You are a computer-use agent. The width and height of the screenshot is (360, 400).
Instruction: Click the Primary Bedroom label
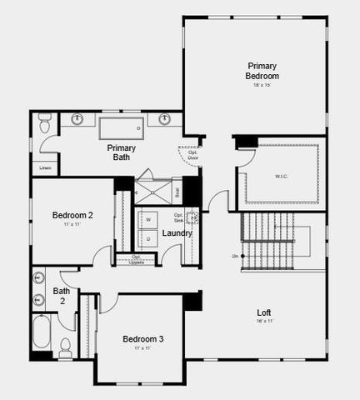[x=262, y=71]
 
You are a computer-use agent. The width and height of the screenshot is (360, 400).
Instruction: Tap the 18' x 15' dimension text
[x=262, y=84]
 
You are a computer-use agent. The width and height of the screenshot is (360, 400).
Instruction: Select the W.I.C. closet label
[x=281, y=176]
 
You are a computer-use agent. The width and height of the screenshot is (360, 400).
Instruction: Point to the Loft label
[x=263, y=312]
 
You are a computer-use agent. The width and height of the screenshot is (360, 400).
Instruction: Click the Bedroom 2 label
[x=72, y=216]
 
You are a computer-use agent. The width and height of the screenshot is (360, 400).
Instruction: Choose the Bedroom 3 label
[x=143, y=339]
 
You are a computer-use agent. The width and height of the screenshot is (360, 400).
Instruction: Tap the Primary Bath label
[x=121, y=152]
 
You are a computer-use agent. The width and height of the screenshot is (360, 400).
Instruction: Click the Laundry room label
[x=177, y=233]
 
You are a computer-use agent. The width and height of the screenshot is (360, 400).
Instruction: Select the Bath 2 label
[x=62, y=296]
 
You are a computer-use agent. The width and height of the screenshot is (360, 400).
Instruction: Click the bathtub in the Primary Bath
[x=122, y=129]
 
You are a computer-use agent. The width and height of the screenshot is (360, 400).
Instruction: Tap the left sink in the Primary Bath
[x=78, y=119]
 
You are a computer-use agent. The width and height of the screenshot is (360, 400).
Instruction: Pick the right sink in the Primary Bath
[x=164, y=119]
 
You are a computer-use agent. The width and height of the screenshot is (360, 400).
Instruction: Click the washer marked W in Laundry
[x=148, y=220]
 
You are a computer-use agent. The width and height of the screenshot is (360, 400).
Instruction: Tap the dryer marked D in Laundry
[x=148, y=239]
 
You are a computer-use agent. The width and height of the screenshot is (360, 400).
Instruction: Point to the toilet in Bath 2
[x=65, y=347]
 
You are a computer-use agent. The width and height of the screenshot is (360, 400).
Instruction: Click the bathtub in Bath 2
[x=42, y=335]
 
